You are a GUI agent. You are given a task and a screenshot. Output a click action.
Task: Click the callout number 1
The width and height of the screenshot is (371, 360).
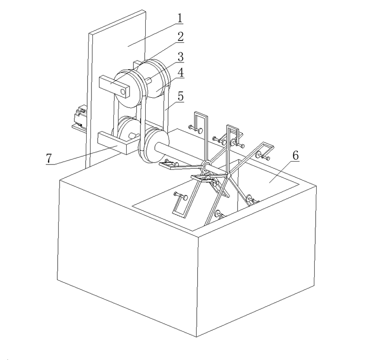[180, 18]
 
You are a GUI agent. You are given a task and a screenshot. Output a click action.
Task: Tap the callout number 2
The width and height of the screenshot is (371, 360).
[180, 37]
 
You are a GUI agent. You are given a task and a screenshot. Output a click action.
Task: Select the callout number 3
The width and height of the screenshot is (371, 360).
[180, 57]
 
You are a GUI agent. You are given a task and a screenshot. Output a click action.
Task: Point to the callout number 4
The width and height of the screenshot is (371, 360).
[180, 72]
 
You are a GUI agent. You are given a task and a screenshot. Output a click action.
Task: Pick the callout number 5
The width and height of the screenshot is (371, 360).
[180, 96]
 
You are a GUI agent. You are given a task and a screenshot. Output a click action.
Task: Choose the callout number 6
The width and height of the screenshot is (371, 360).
[296, 155]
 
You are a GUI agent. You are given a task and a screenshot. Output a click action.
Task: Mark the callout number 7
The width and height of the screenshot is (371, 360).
[49, 158]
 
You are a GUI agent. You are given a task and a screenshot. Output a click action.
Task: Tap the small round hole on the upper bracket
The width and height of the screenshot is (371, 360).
[122, 92]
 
